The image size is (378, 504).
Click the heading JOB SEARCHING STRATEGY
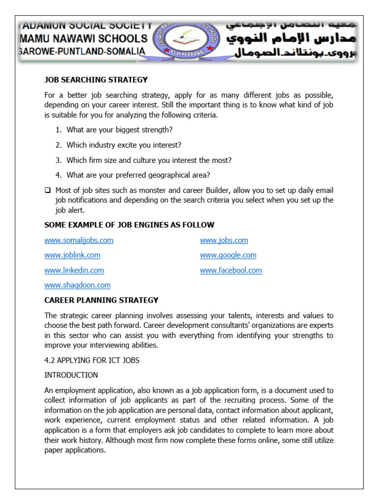point(96,80)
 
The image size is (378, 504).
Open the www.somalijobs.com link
point(79,240)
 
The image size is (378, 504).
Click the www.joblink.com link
point(72,255)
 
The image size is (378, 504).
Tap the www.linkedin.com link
point(74,270)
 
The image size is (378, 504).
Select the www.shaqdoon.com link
point(77,285)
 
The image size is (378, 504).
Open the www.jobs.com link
point(224,240)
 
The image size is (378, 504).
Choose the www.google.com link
point(228,255)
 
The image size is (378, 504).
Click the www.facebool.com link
point(231,270)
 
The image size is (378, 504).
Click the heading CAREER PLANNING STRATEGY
point(101,300)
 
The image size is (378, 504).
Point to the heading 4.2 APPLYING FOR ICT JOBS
point(92,360)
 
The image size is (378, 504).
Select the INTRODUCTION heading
point(71,375)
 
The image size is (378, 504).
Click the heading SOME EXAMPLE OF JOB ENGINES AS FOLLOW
point(129,225)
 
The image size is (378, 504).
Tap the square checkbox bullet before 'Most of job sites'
point(47,190)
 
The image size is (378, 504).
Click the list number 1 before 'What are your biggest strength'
point(58,130)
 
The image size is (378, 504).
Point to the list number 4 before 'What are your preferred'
point(58,175)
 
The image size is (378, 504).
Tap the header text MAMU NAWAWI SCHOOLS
point(83,38)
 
